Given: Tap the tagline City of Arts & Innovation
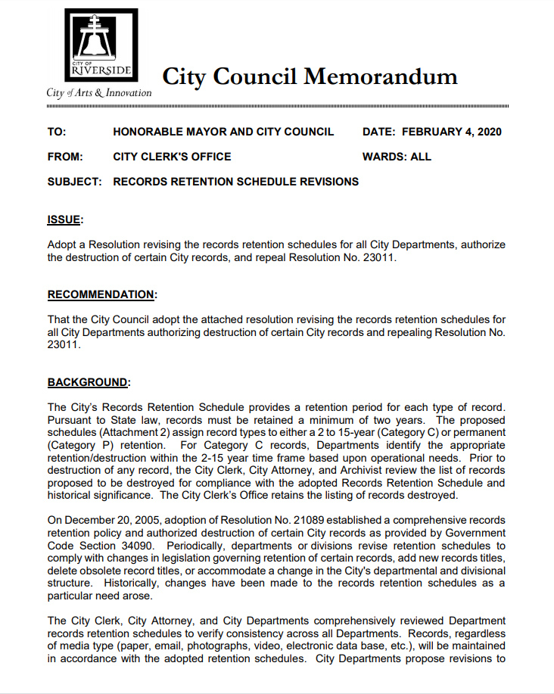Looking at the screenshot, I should pyautogui.click(x=98, y=93).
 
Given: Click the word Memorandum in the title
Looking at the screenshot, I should pyautogui.click(x=381, y=76).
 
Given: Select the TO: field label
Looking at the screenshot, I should pyautogui.click(x=57, y=132).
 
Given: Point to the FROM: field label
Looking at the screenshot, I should pyautogui.click(x=64, y=157).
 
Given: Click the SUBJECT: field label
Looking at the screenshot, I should pyautogui.click(x=74, y=182).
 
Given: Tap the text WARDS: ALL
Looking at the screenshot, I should pyautogui.click(x=397, y=157).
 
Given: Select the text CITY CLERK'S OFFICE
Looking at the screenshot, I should pyautogui.click(x=172, y=157).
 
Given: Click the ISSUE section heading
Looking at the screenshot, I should pyautogui.click(x=65, y=219).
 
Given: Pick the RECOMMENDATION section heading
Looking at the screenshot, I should pyautogui.click(x=101, y=294).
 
